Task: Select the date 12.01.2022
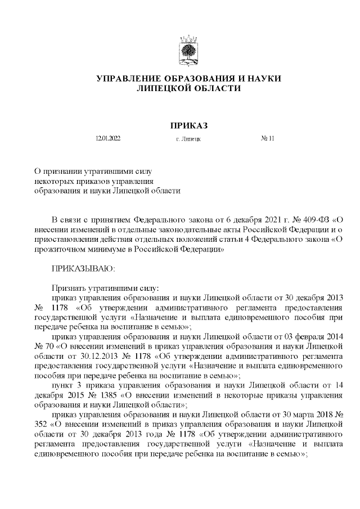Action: pyautogui.click(x=108, y=138)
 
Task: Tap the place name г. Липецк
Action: pyautogui.click(x=188, y=138)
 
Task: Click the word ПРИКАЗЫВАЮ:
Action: pyautogui.click(x=83, y=269)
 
